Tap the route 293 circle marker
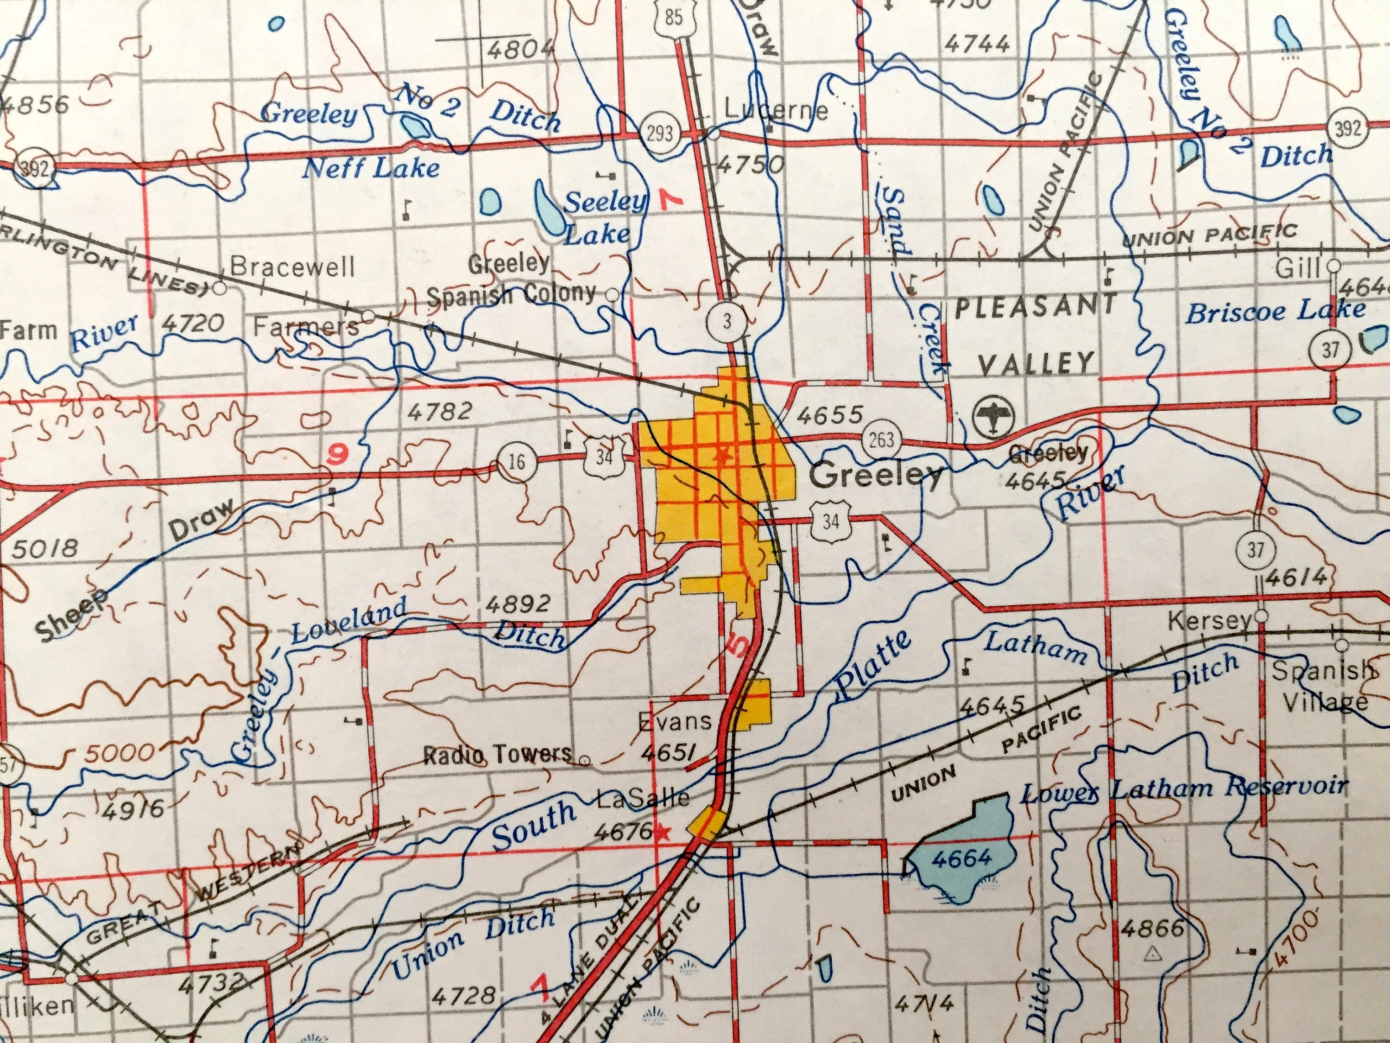(659, 133)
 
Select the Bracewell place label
(293, 267)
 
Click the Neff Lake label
(371, 168)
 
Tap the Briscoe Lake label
(1276, 311)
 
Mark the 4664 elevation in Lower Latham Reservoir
(961, 858)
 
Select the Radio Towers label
(498, 753)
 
